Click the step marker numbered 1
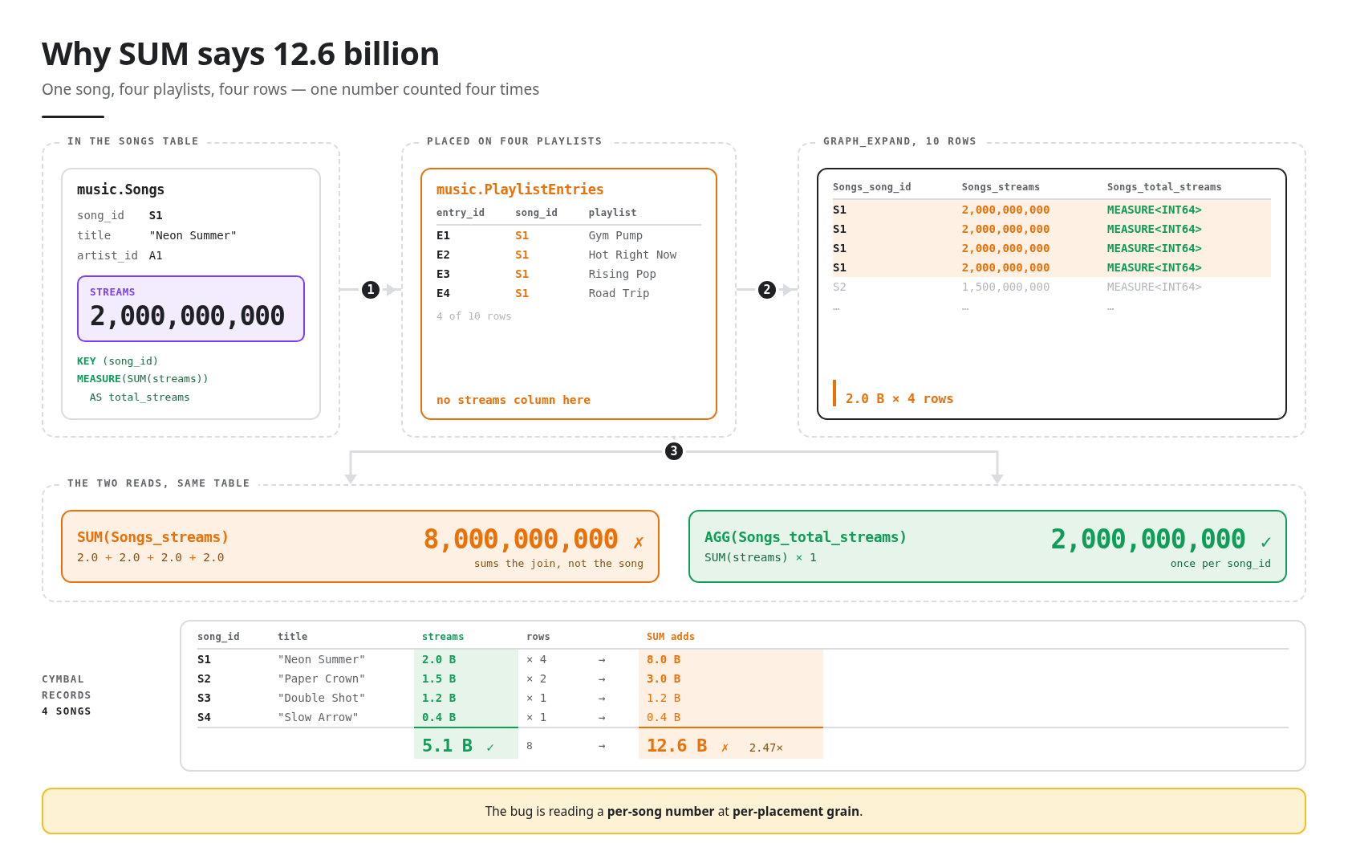click(371, 290)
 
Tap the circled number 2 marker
click(767, 290)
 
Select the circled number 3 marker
click(674, 451)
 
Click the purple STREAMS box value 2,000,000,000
click(187, 316)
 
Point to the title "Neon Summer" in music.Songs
click(193, 235)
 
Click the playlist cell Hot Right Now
click(632, 255)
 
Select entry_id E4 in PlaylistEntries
click(443, 293)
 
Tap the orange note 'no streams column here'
click(514, 400)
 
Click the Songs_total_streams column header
click(1163, 187)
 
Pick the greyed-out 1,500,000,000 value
click(1005, 287)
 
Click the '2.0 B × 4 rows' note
click(899, 399)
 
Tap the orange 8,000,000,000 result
click(521, 539)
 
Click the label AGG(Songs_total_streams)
click(806, 537)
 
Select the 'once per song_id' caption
click(1220, 564)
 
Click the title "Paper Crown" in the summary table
click(321, 679)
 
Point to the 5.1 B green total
click(447, 746)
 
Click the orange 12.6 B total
click(676, 746)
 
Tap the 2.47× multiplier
click(766, 748)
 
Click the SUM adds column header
click(671, 637)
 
